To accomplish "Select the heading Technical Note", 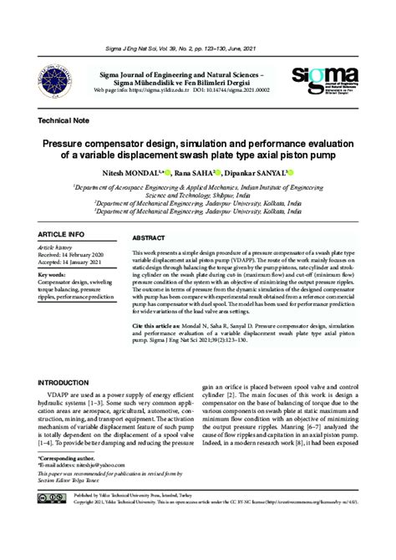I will (63, 121).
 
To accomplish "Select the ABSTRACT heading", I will (149, 238).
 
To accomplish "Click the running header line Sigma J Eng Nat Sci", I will (197, 50).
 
